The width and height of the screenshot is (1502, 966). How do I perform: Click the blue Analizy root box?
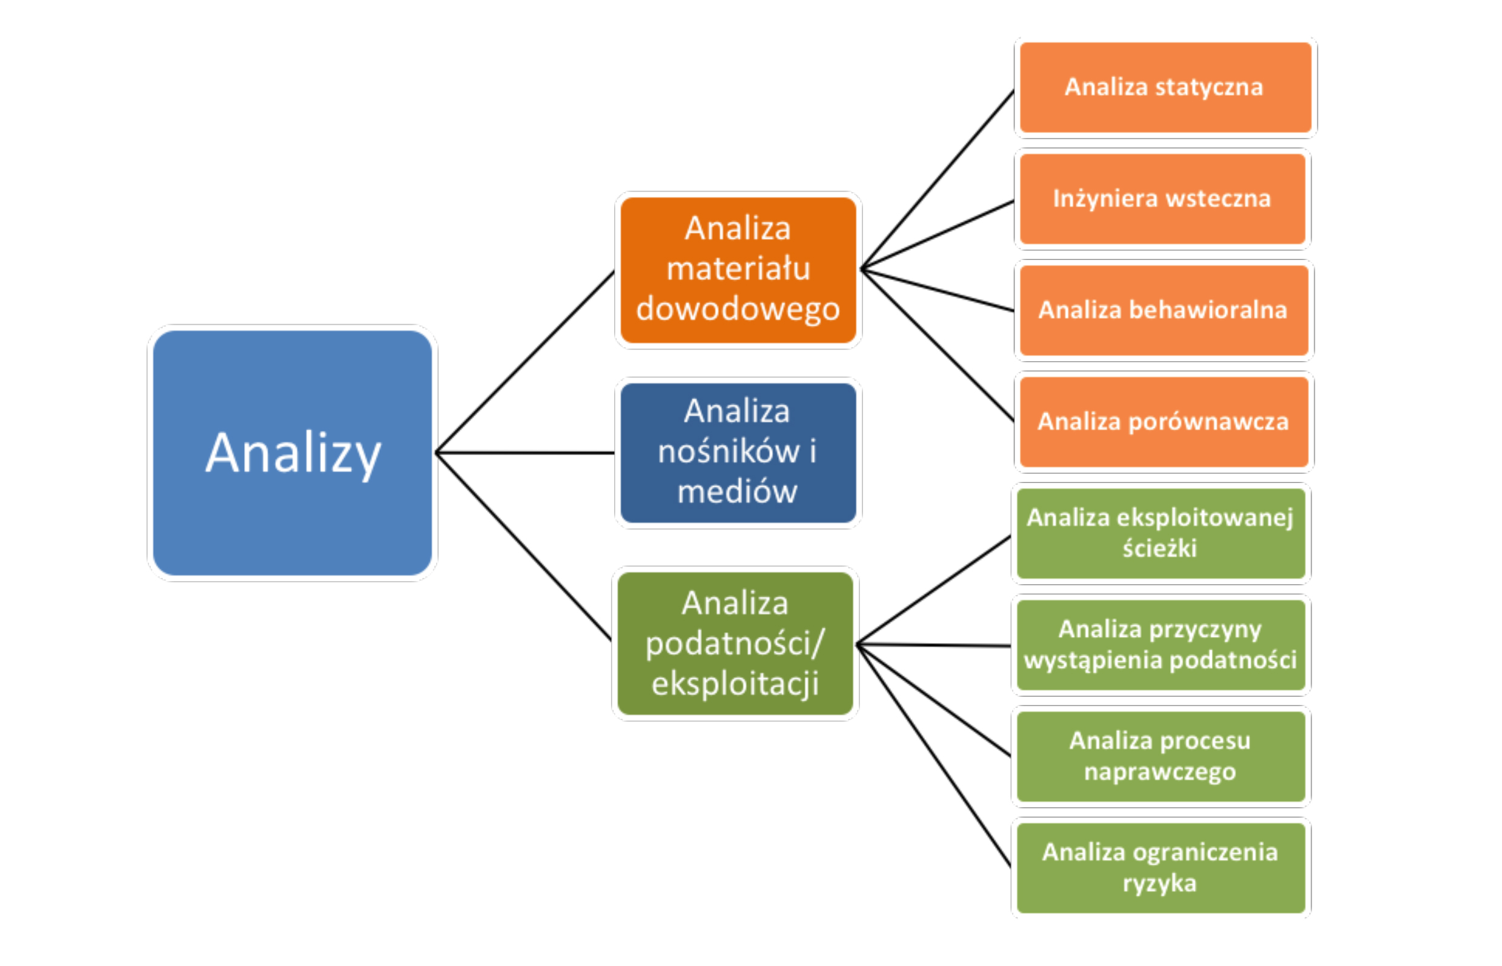click(292, 453)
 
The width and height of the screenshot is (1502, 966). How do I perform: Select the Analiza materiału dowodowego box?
click(738, 270)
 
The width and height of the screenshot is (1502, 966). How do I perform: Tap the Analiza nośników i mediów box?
click(738, 452)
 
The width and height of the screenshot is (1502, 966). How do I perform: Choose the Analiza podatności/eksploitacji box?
click(735, 644)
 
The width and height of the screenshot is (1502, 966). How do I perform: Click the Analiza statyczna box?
click(1165, 87)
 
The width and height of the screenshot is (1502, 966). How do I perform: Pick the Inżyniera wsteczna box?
click(1162, 199)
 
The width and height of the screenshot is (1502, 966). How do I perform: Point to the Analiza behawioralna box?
click(1163, 310)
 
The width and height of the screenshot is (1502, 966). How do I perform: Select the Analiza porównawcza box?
click(1163, 422)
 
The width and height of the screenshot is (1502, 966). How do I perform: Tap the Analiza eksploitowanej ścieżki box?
click(1161, 534)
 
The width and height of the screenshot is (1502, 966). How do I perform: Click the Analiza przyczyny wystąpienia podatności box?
click(1161, 645)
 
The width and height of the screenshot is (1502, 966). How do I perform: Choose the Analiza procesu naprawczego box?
click(1161, 757)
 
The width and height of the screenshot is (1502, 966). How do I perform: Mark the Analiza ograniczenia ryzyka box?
click(1161, 869)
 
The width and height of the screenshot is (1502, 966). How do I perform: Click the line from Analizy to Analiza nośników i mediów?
click(524, 452)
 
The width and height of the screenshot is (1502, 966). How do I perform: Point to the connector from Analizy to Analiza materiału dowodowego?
click(524, 361)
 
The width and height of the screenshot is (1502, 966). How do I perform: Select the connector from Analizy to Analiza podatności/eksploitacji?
click(523, 547)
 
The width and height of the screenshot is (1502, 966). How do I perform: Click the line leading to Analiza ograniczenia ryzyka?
click(934, 756)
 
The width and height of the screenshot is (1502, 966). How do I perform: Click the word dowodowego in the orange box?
click(738, 309)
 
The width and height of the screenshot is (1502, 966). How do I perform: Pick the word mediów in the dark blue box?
click(737, 491)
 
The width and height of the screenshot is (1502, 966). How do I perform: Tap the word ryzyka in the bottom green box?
click(1160, 884)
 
